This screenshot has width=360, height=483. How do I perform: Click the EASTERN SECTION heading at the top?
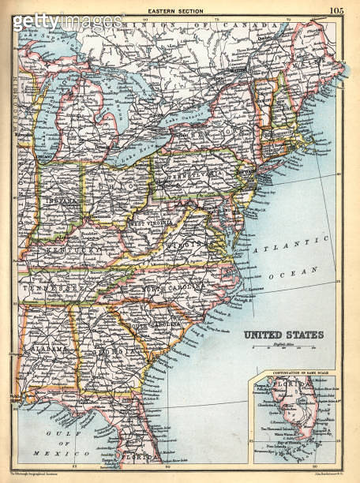tap(175, 10)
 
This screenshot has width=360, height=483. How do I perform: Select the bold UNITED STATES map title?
tap(282, 335)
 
